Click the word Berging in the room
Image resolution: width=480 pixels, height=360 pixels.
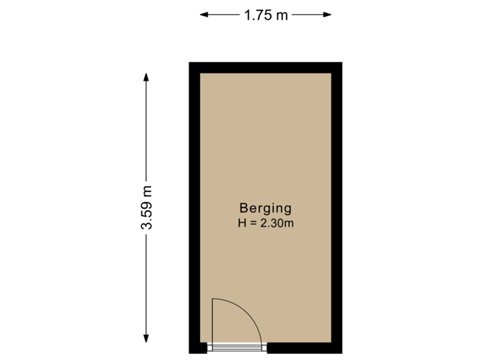pos(265,207)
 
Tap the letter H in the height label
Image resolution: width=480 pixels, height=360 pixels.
pos(241,223)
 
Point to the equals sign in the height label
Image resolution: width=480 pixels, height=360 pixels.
pos(253,223)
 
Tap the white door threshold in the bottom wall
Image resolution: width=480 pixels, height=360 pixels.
pos(237,347)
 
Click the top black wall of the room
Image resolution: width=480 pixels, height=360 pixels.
pos(265,67)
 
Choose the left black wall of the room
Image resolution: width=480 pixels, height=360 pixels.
pos(194,207)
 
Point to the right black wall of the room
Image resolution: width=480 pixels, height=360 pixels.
pos(337,207)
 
